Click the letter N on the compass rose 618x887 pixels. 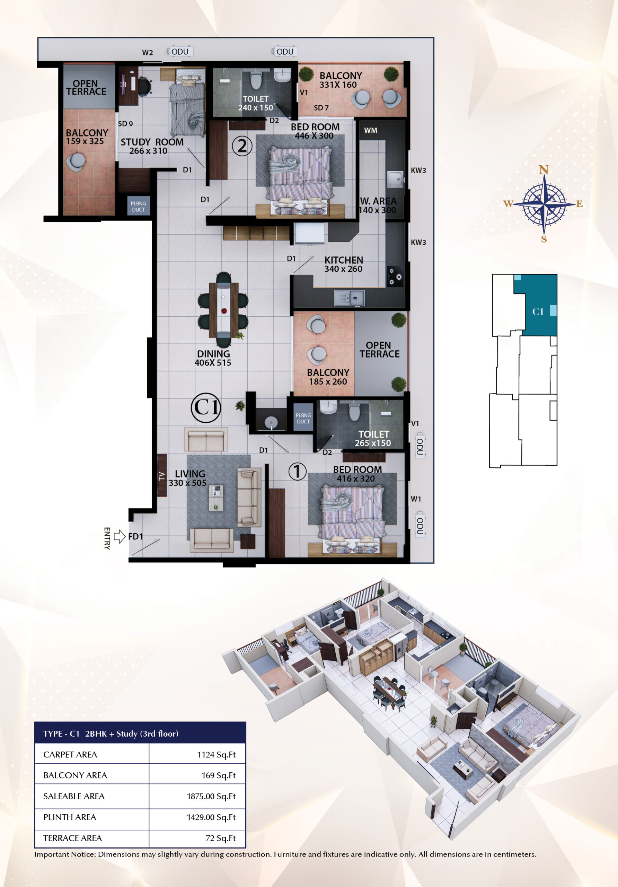(x=544, y=169)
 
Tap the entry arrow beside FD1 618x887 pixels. (x=120, y=536)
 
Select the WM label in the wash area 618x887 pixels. (x=370, y=131)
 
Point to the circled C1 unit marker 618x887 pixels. (x=206, y=407)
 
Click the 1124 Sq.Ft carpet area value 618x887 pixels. (x=216, y=755)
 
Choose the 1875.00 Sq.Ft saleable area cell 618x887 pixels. (x=211, y=796)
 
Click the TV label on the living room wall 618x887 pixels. (x=162, y=476)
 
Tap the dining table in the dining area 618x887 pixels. (x=224, y=310)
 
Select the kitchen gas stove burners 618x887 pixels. (x=395, y=276)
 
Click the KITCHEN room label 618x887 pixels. (x=344, y=260)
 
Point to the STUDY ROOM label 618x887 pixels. (x=152, y=142)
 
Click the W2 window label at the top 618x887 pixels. (x=148, y=53)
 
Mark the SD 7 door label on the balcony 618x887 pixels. (x=321, y=108)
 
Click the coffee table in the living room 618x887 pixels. (x=216, y=498)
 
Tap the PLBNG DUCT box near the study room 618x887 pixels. (x=138, y=206)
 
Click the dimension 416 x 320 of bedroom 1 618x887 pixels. (x=356, y=478)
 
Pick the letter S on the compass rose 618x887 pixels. (x=544, y=239)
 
